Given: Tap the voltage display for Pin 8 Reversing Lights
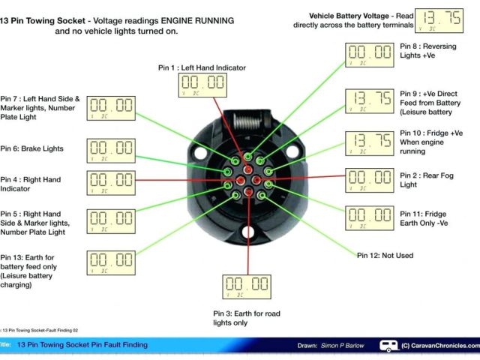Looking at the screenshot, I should (369, 55).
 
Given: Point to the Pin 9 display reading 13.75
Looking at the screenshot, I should (369, 100).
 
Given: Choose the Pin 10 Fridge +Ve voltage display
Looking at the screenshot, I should (369, 142).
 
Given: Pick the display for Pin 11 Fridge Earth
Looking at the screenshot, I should (369, 217).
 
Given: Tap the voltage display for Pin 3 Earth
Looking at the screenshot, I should (247, 287).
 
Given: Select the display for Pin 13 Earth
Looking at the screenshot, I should (112, 262).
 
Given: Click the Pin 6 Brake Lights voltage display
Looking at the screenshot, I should (112, 151).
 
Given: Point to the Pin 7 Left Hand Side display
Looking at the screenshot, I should (112, 108).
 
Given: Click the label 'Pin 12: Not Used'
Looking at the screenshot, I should (385, 256).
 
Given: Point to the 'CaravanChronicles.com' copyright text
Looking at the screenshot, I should (436, 346).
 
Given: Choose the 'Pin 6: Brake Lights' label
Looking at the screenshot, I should (31, 149).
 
